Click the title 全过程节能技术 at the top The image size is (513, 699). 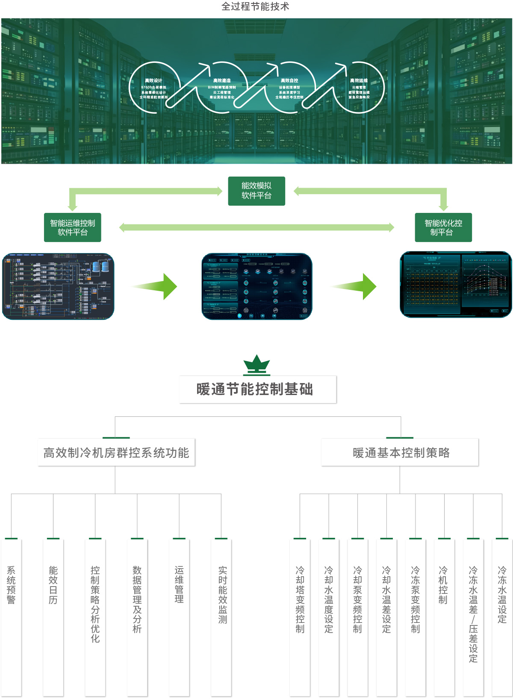point(255,6)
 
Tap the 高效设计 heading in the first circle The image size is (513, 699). point(153,80)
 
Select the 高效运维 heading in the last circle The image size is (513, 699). point(359,80)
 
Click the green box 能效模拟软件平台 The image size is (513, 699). point(256,191)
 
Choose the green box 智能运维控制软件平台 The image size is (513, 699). point(73,227)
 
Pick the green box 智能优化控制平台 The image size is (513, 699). point(443,227)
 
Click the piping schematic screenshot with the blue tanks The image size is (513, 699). point(58,286)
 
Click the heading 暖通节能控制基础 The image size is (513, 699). point(255,389)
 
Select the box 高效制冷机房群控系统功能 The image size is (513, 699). point(116,453)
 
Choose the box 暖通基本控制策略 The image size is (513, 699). point(401,453)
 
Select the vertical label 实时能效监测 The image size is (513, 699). point(223,594)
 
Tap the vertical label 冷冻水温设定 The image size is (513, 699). point(502,594)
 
